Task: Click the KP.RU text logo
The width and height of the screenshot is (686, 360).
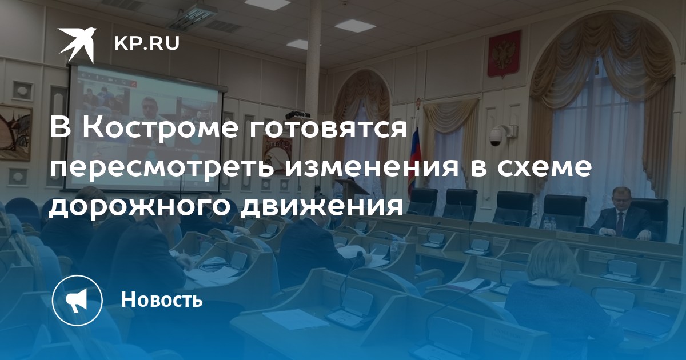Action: coord(147,44)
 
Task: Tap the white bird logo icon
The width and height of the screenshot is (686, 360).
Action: coord(78,45)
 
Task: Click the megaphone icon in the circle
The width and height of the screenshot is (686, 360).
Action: coord(77,300)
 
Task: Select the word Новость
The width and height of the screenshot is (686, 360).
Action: coord(162,299)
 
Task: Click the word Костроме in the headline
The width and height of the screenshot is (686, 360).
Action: coord(160,128)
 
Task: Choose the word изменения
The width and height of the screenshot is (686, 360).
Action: coord(372,169)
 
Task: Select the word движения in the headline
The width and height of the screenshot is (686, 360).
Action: coord(322,208)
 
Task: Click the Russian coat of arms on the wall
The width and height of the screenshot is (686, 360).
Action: coord(504,54)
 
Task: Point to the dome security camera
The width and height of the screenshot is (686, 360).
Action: coord(496,136)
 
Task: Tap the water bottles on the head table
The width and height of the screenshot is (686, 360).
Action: coord(550,223)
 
